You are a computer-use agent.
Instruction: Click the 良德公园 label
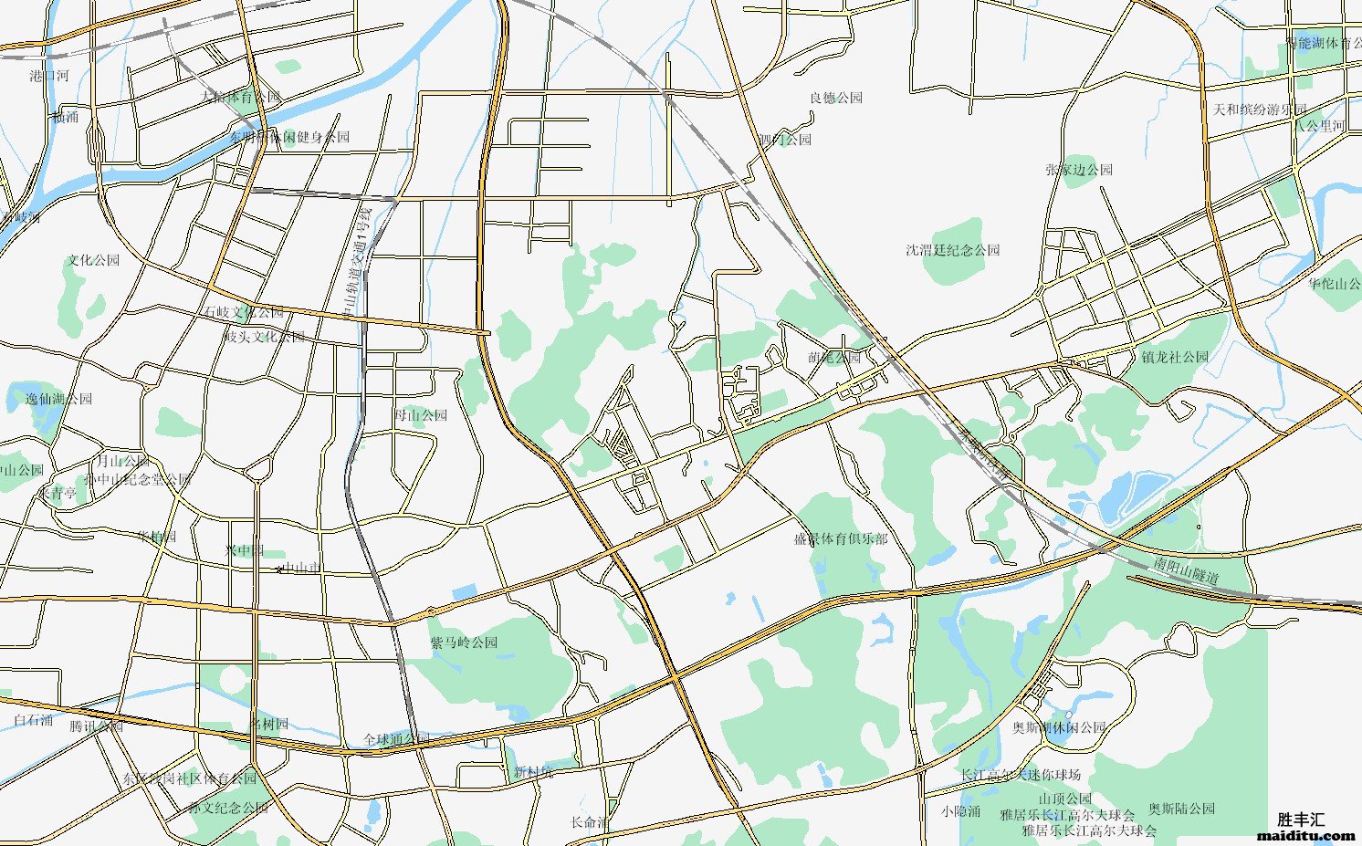click(835, 98)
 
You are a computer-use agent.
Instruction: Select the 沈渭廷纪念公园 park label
click(952, 250)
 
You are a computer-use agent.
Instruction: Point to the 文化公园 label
click(93, 260)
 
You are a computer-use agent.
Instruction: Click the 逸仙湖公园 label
click(58, 399)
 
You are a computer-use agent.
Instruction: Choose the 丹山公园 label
click(420, 415)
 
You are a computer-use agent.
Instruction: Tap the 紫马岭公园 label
click(464, 642)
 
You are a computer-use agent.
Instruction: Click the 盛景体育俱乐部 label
click(840, 539)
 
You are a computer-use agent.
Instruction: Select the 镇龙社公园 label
click(1174, 357)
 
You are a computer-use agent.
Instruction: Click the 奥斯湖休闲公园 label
click(1059, 727)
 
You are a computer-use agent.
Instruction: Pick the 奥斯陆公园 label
click(1181, 809)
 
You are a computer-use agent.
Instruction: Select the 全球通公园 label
click(395, 739)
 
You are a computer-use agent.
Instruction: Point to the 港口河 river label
click(49, 76)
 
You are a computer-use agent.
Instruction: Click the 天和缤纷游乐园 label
click(1259, 110)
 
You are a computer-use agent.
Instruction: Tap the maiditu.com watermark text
click(1306, 834)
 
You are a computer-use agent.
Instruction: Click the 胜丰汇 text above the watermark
click(1301, 820)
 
